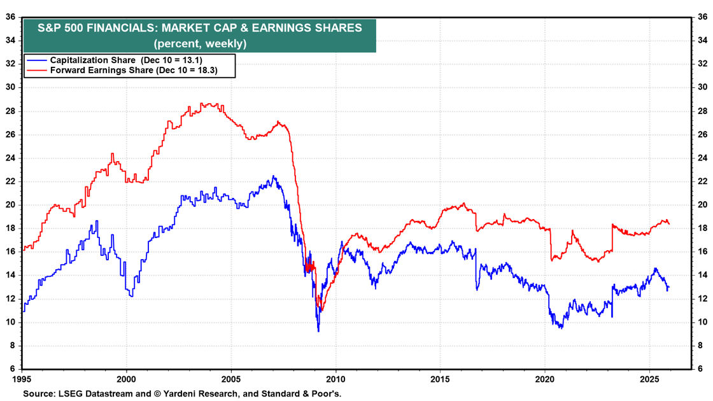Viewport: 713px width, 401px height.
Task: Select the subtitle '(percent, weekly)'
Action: click(199, 44)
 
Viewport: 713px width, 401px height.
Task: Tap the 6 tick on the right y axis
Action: click(700, 369)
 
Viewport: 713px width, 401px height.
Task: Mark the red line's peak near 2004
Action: click(202, 103)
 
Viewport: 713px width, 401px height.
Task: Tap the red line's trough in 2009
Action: click(320, 311)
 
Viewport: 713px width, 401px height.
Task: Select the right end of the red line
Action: click(669, 224)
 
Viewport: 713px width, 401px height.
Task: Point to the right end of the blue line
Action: click(669, 286)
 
